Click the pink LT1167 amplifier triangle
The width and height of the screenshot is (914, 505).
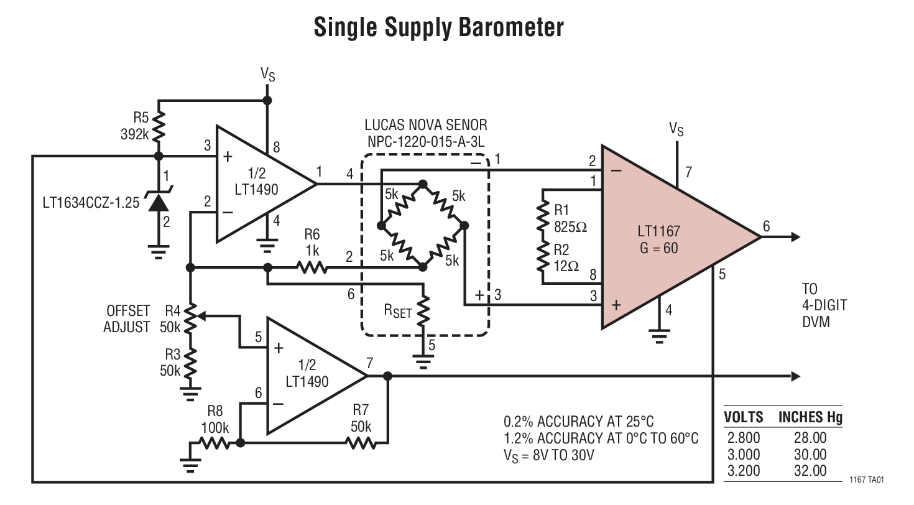665,239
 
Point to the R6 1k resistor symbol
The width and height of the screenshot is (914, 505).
312,268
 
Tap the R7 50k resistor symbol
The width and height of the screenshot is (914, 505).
361,443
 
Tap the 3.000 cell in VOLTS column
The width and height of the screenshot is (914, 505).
743,455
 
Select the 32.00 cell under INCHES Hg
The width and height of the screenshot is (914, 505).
810,471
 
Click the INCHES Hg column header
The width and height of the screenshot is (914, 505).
810,417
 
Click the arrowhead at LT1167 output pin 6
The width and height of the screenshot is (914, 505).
795,237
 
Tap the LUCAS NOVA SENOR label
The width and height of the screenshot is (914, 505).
425,126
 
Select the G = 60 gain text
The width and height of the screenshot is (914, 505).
658,248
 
